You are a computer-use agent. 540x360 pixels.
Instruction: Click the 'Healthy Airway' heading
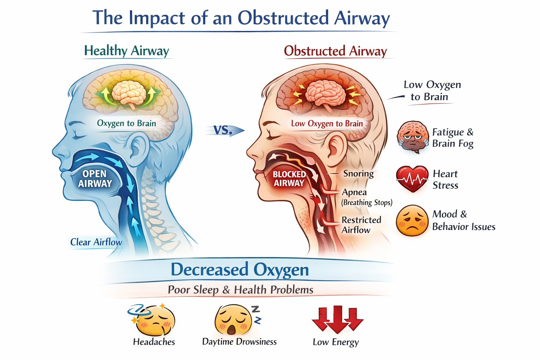click(x=127, y=51)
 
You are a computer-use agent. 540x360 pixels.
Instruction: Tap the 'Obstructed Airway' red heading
click(x=336, y=51)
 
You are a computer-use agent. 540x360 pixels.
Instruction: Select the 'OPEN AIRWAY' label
click(x=95, y=179)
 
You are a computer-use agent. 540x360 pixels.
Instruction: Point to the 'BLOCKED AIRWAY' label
click(x=289, y=179)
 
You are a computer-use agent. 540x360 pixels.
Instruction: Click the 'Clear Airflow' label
click(x=96, y=242)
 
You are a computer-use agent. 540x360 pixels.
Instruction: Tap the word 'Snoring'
click(x=359, y=173)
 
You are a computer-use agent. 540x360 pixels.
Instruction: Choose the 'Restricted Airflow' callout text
click(x=361, y=225)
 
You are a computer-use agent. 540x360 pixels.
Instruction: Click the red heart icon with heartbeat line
click(x=412, y=179)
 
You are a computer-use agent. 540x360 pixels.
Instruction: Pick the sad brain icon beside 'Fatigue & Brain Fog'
click(x=413, y=137)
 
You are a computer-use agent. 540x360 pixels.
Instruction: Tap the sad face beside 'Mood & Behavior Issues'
click(x=412, y=220)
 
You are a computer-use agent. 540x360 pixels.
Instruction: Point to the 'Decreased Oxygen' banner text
click(x=240, y=269)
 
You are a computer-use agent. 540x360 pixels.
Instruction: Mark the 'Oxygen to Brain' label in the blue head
click(x=126, y=123)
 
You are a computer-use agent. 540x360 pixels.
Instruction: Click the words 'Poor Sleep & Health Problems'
click(x=240, y=290)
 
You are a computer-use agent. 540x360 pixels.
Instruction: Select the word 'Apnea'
click(x=354, y=192)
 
